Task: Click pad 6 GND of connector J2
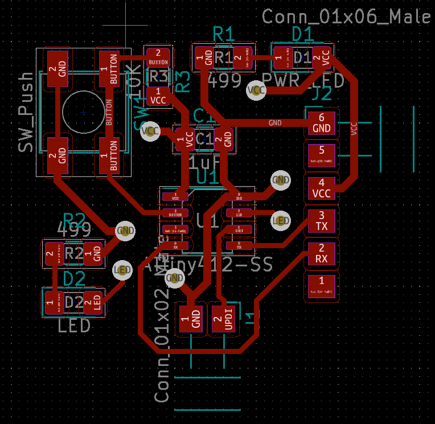(x=322, y=123)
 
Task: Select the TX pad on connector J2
(x=322, y=221)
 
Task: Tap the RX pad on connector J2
(x=322, y=253)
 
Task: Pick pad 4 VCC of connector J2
(x=322, y=188)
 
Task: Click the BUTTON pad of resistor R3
(x=158, y=57)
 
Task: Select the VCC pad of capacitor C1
(x=186, y=138)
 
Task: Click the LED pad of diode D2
(x=93, y=302)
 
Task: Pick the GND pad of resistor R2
(x=93, y=253)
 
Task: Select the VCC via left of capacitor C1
(x=151, y=131)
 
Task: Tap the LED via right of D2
(x=122, y=270)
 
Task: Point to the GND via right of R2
(x=125, y=230)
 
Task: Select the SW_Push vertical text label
(x=26, y=112)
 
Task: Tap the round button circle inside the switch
(x=84, y=112)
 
